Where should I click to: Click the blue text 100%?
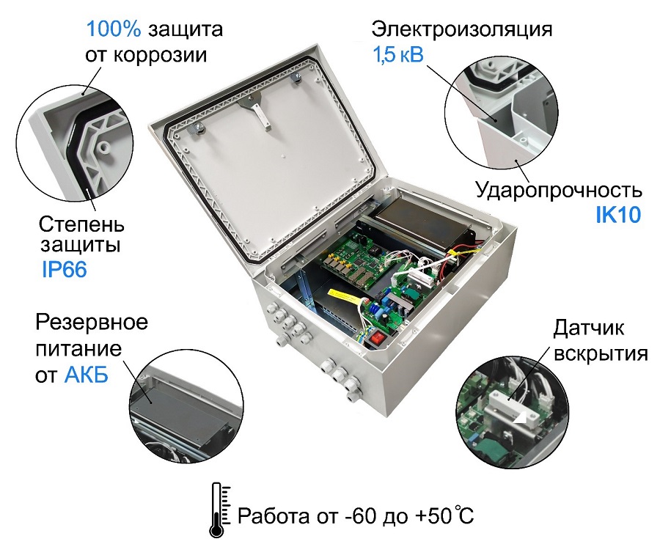[x=114, y=30]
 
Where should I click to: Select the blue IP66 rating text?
[x=64, y=269]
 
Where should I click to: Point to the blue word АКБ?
[x=86, y=375]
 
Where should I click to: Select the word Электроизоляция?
[x=461, y=30]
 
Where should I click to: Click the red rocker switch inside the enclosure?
[x=378, y=339]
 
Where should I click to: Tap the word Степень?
[x=81, y=222]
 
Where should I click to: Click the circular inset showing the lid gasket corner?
[x=73, y=147]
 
